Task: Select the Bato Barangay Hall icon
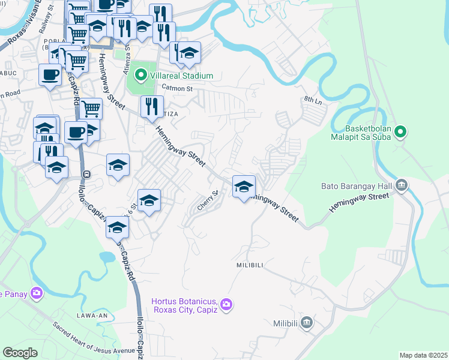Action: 401,186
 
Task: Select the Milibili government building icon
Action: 307,323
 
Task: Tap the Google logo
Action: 20,353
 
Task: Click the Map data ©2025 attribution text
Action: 423,355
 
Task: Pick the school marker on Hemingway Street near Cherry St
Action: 244,187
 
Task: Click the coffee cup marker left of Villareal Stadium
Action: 50,75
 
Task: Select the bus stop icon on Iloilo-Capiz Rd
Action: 87,175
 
